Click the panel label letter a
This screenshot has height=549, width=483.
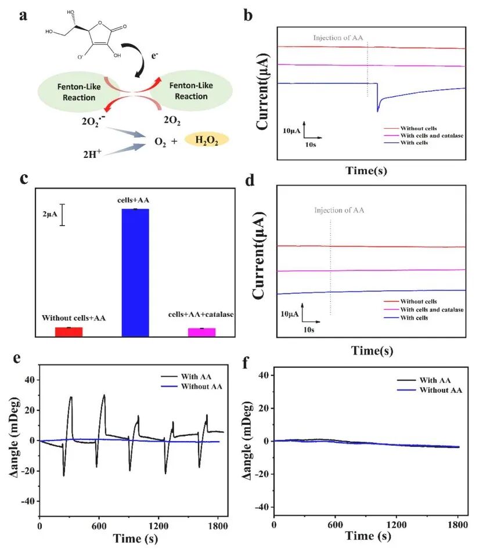tap(24, 16)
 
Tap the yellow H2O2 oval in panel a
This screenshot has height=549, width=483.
tap(207, 139)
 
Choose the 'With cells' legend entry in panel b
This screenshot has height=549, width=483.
tap(413, 142)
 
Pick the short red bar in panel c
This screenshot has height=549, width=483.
tap(69, 331)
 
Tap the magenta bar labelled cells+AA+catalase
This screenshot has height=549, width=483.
tap(201, 332)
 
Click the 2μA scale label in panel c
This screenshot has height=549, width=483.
tap(48, 214)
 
